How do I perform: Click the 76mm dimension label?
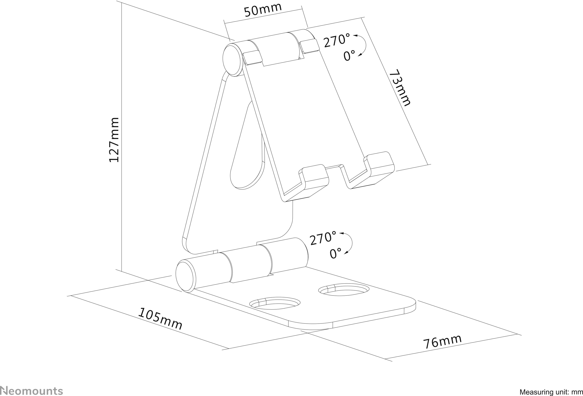click(442, 341)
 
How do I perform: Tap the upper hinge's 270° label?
click(337, 41)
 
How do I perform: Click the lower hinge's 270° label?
click(323, 238)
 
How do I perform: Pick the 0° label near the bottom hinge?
click(335, 254)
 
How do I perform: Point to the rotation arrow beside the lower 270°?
click(349, 243)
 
